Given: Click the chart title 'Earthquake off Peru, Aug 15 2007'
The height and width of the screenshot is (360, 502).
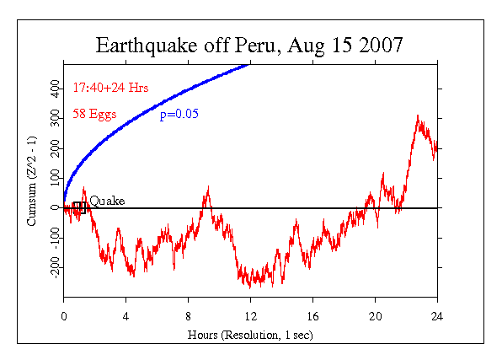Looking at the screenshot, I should pyautogui.click(x=249, y=44).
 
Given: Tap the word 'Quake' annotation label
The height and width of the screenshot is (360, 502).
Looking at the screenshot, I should pyautogui.click(x=107, y=201).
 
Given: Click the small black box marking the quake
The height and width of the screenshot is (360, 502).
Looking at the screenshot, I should pyautogui.click(x=79, y=207).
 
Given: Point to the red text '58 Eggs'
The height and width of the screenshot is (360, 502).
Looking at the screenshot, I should pyautogui.click(x=94, y=114).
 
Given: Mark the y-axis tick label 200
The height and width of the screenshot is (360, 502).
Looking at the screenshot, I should pyautogui.click(x=56, y=148).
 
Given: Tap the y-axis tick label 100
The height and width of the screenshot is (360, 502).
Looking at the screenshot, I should pyautogui.click(x=56, y=178).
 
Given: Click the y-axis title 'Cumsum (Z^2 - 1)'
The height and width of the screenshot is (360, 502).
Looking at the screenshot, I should pyautogui.click(x=32, y=178).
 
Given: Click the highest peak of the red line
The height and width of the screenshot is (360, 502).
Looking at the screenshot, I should pyautogui.click(x=418, y=116).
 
